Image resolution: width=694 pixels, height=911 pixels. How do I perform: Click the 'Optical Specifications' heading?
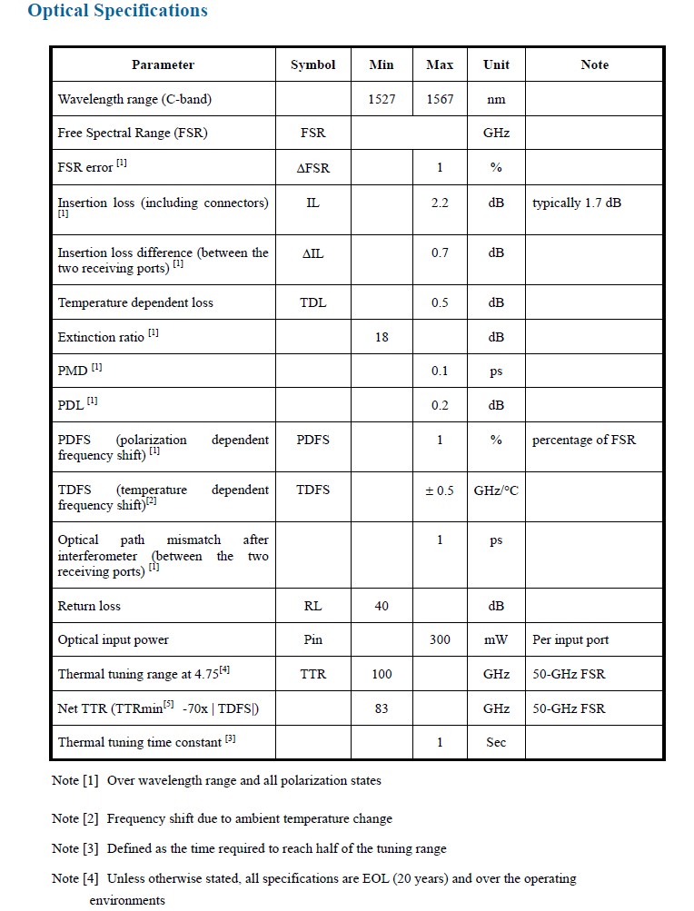[117, 12]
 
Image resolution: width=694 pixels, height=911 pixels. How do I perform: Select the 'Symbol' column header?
[312, 64]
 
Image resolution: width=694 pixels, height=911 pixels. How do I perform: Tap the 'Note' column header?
[594, 64]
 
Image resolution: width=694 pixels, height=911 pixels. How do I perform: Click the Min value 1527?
[382, 99]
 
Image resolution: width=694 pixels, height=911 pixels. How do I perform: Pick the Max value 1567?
[440, 99]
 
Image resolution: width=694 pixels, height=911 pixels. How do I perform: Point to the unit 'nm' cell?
[496, 99]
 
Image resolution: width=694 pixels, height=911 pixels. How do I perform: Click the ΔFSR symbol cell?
[312, 167]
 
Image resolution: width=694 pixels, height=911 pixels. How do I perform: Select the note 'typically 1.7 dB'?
[577, 203]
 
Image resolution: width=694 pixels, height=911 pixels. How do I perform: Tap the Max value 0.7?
[440, 253]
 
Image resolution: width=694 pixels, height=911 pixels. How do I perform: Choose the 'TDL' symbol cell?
[312, 302]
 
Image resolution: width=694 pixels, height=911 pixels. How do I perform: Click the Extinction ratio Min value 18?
[382, 337]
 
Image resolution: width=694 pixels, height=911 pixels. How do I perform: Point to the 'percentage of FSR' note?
[584, 440]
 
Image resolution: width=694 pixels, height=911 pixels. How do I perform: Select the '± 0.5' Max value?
[440, 490]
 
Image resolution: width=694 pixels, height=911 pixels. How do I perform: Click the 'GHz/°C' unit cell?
[496, 490]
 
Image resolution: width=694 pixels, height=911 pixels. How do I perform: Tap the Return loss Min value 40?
[382, 606]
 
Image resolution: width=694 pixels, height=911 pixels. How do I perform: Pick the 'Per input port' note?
[570, 639]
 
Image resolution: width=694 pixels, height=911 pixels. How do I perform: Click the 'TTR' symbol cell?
[312, 674]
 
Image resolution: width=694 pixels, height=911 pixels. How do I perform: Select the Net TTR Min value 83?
[382, 708]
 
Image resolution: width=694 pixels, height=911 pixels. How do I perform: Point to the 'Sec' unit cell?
[496, 742]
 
